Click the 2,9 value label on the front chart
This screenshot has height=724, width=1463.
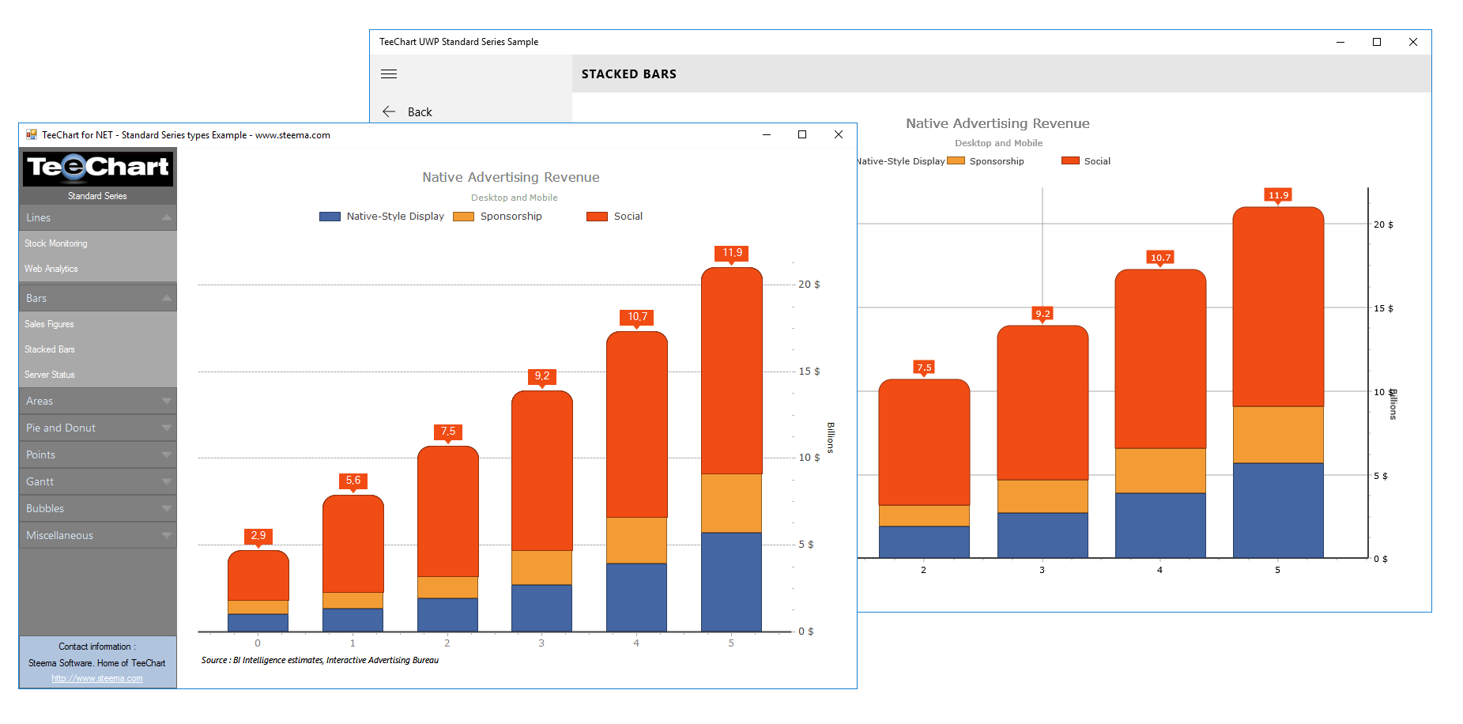coord(258,536)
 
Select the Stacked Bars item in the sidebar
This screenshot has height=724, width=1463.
coord(50,349)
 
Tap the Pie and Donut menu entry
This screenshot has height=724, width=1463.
coord(61,428)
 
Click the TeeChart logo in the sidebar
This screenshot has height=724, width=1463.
coord(98,168)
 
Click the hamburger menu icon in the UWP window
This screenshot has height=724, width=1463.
coord(389,74)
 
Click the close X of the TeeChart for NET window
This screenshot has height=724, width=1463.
coord(839,135)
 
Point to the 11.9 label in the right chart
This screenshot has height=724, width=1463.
coord(1278,195)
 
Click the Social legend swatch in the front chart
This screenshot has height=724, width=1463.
coord(597,217)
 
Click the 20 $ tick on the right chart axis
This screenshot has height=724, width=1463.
coord(1383,224)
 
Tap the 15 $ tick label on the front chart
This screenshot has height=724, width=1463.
coord(809,371)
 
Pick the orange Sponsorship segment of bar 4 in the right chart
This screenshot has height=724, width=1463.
coord(1160,470)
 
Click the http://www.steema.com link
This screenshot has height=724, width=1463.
coord(97,678)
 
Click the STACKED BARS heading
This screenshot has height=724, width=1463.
coord(629,74)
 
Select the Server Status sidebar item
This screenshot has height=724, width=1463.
coord(50,375)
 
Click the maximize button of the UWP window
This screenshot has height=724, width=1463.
coord(1377,43)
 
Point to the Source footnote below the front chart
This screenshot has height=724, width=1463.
coord(320,660)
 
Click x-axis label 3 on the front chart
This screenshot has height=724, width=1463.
coord(541,643)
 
